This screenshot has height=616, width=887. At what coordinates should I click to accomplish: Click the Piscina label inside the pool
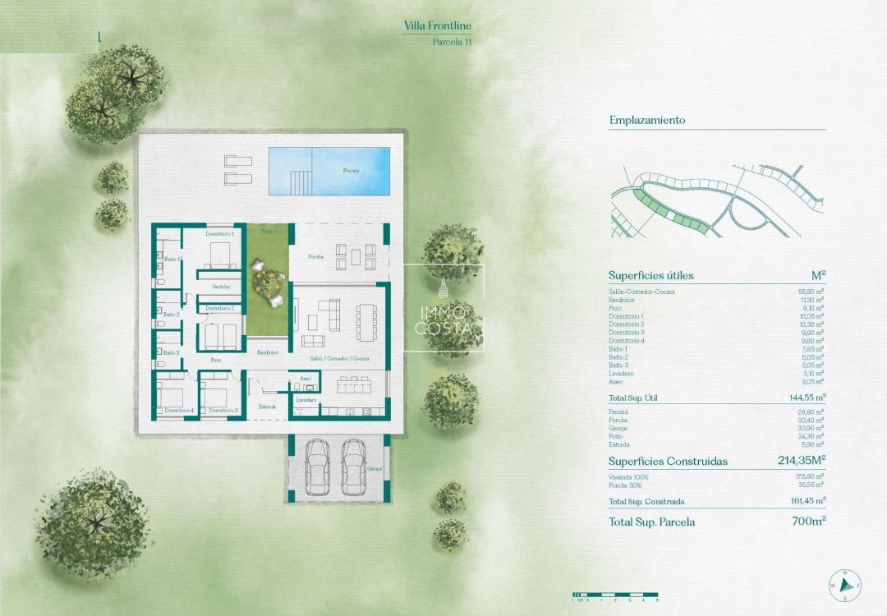(351, 171)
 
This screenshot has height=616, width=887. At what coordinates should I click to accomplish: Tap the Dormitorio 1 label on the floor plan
(220, 234)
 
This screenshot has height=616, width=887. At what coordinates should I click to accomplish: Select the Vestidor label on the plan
(220, 287)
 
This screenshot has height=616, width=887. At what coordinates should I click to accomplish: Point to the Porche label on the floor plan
(315, 256)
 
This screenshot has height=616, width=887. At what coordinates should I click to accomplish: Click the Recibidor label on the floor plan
(267, 352)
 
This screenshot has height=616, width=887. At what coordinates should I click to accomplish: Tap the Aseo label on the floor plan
(306, 379)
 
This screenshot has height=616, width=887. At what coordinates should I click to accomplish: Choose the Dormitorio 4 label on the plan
(178, 410)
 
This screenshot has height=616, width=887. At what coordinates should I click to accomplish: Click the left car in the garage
(316, 467)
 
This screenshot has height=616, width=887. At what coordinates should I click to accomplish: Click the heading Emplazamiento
(647, 120)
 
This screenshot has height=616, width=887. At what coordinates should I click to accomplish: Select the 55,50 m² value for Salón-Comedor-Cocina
(811, 292)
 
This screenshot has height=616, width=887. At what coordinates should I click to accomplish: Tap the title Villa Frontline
(438, 26)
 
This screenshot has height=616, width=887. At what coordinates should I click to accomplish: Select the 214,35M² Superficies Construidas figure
(801, 461)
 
